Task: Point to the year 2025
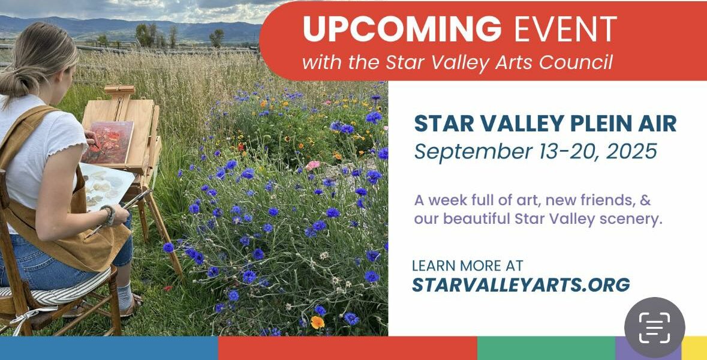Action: tap(631, 152)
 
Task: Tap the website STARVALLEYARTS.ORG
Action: tap(521, 284)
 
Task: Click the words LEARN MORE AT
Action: tap(468, 265)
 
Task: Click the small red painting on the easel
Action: tap(108, 142)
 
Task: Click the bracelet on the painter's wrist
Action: tap(108, 215)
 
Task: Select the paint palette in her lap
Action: tap(106, 185)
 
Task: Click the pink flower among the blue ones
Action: tap(312, 165)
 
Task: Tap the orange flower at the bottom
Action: tap(317, 322)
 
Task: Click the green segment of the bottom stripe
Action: tap(546, 348)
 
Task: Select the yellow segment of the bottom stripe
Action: tap(694, 348)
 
